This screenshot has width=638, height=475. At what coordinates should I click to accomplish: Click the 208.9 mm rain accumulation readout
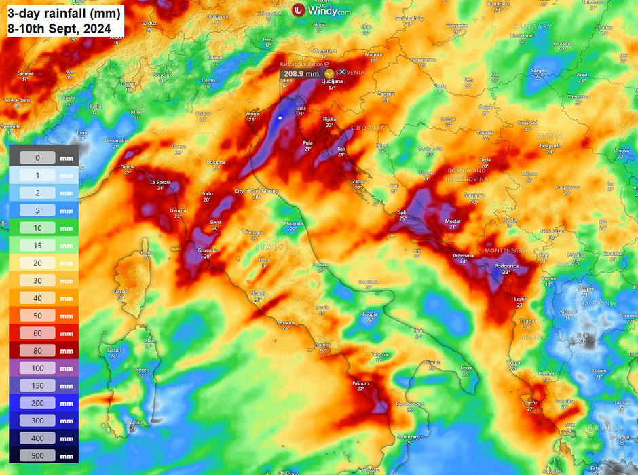tap(301, 73)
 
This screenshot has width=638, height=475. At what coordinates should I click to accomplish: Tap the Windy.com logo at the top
tap(321, 10)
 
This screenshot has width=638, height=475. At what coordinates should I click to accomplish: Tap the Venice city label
tap(252, 114)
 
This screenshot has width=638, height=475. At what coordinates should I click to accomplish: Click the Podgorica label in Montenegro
tap(506, 267)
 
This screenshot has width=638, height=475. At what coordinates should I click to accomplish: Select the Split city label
tap(403, 212)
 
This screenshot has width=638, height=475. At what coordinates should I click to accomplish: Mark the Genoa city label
tap(128, 166)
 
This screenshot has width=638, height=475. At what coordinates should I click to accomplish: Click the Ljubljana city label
tap(332, 81)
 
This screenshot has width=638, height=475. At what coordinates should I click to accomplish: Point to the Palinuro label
tap(360, 383)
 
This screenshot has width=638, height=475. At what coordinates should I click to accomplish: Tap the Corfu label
tap(531, 402)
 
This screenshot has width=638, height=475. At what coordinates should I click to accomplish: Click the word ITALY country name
tap(269, 247)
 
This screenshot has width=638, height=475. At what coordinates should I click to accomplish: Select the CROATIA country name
tap(368, 128)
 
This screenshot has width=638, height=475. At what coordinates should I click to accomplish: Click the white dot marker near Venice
tap(280, 118)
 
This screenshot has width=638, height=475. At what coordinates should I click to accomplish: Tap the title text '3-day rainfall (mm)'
tap(64, 13)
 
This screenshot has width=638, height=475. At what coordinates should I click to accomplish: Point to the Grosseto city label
tap(208, 250)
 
